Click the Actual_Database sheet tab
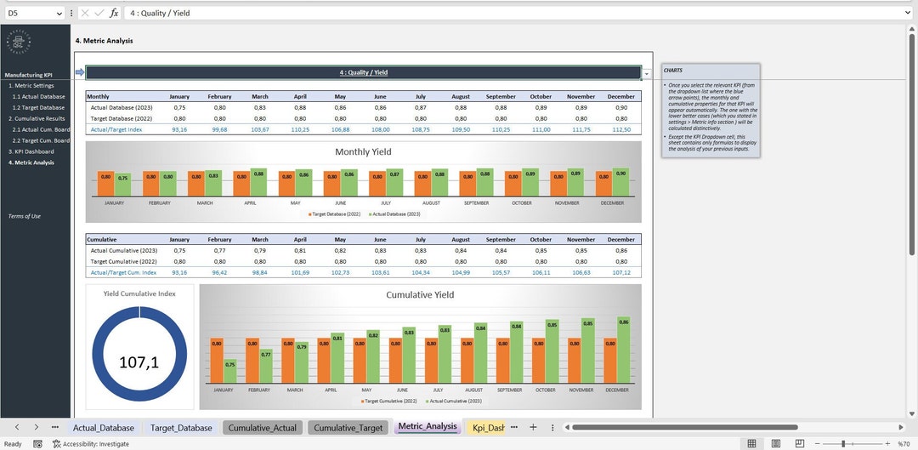[x=103, y=427]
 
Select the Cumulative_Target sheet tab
[x=348, y=427]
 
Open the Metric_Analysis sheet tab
[x=427, y=426]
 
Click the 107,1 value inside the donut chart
[x=139, y=362]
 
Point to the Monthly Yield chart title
[x=363, y=151]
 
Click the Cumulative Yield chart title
[x=420, y=294]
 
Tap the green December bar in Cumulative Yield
[x=623, y=350]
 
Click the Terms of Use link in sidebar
[x=24, y=216]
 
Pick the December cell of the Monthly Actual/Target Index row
[x=620, y=129]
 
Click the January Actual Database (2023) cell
[x=179, y=107]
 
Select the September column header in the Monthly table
[x=501, y=96]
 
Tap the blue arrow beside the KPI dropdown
[x=80, y=72]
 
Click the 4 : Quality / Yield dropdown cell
[x=363, y=72]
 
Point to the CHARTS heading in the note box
[x=673, y=70]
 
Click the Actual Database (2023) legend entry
[x=395, y=214]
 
